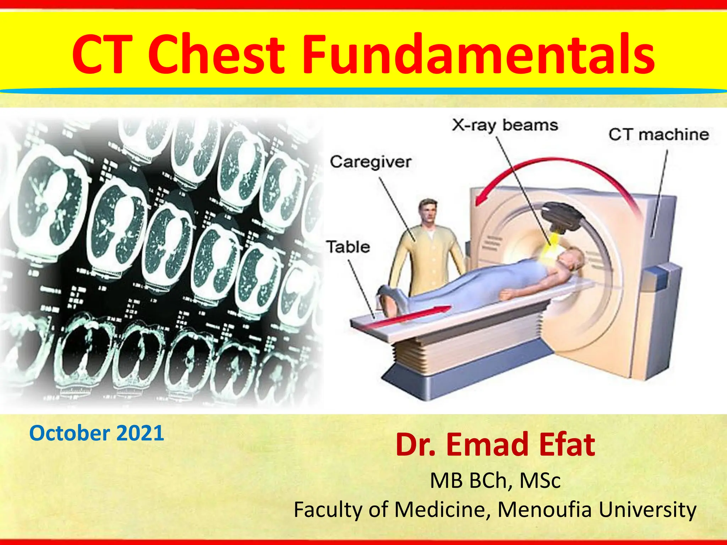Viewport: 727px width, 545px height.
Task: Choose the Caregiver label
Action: coord(371,162)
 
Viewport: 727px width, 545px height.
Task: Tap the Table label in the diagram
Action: coord(348,247)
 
